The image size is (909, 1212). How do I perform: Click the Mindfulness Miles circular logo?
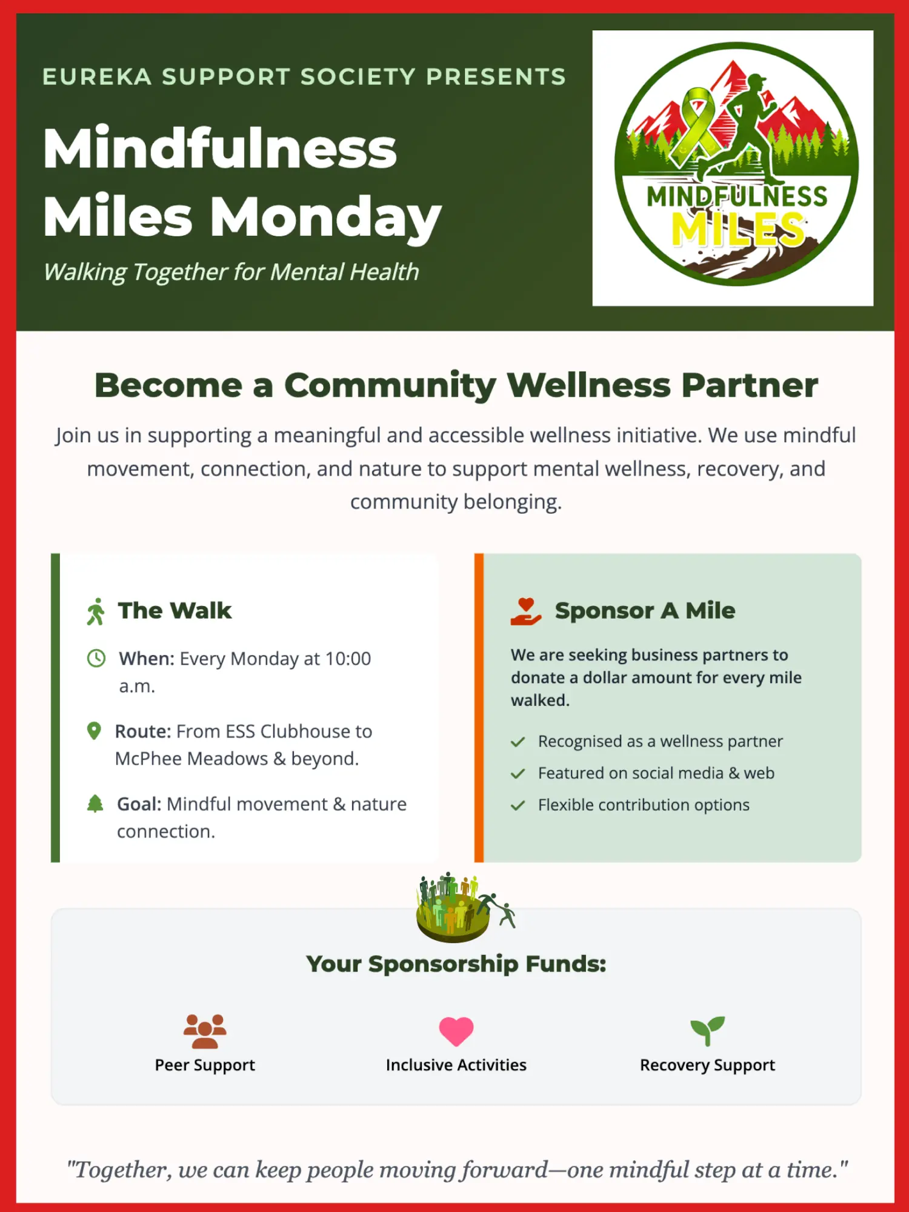tap(736, 164)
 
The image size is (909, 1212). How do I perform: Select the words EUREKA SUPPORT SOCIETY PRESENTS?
tap(304, 77)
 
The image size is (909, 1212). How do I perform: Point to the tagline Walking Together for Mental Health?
tap(231, 272)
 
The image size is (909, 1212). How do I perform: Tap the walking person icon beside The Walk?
tap(96, 611)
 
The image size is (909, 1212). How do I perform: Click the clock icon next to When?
tap(96, 658)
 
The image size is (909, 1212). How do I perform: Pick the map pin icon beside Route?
tap(94, 731)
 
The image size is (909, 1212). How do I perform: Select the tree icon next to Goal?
tap(95, 804)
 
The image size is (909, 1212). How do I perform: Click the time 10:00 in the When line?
tap(348, 659)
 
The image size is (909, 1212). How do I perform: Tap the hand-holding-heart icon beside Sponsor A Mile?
tap(525, 611)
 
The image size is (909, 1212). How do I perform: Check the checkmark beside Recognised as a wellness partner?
tap(518, 742)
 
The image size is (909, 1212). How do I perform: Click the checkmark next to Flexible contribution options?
tap(518, 805)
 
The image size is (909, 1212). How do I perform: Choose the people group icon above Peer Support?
tap(205, 1031)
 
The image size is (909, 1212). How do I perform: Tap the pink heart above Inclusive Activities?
tap(456, 1031)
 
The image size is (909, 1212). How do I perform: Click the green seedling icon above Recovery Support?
tap(707, 1031)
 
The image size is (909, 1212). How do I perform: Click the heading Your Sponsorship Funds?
tap(456, 964)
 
